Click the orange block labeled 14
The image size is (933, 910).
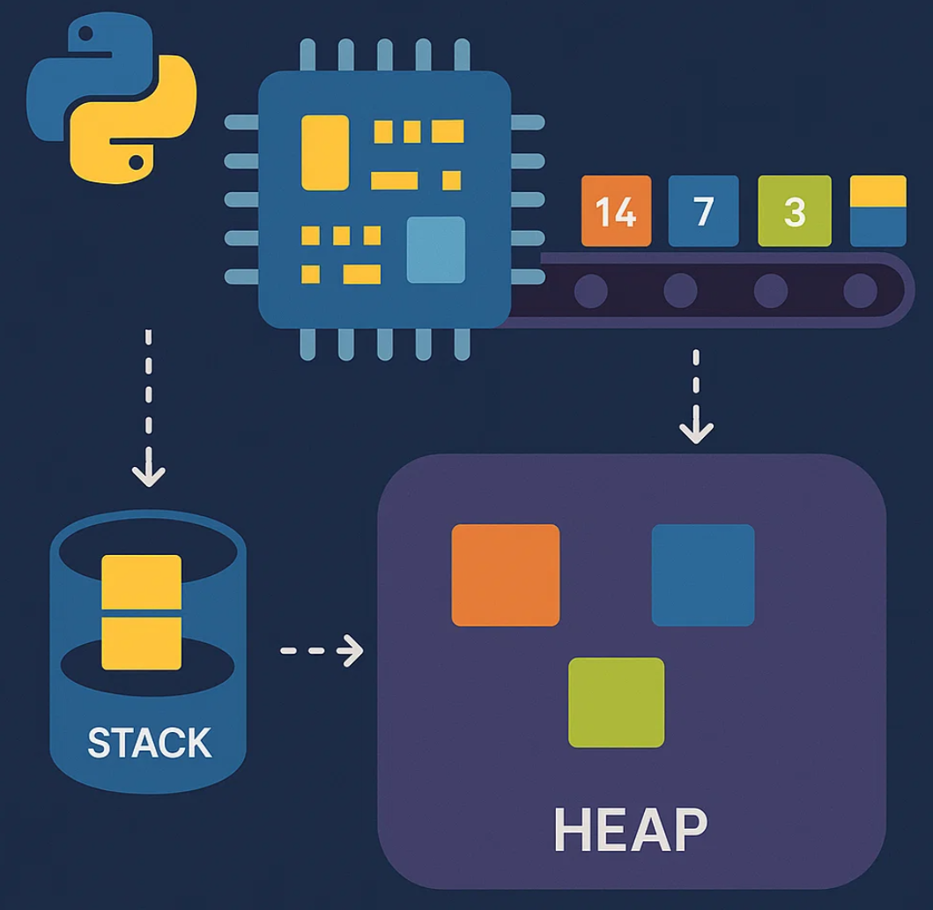(616, 211)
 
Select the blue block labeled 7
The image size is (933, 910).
(703, 211)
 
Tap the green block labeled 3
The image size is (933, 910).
(794, 211)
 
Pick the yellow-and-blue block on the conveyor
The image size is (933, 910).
(877, 211)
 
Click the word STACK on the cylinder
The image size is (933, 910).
(150, 744)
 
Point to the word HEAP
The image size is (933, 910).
(630, 829)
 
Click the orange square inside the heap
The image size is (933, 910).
(505, 574)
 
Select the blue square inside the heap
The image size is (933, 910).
(702, 574)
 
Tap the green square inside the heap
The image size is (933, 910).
(616, 702)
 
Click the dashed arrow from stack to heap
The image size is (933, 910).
(322, 651)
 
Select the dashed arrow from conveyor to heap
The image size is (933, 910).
(696, 396)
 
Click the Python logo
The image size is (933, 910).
(111, 97)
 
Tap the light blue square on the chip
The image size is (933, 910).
(435, 249)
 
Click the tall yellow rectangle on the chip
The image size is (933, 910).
(325, 152)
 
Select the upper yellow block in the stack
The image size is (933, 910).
(141, 581)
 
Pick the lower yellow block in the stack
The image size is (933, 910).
(141, 643)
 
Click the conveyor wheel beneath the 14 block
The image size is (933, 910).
(590, 290)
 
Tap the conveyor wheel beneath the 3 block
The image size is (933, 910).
(771, 290)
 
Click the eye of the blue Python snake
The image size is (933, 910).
(86, 34)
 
